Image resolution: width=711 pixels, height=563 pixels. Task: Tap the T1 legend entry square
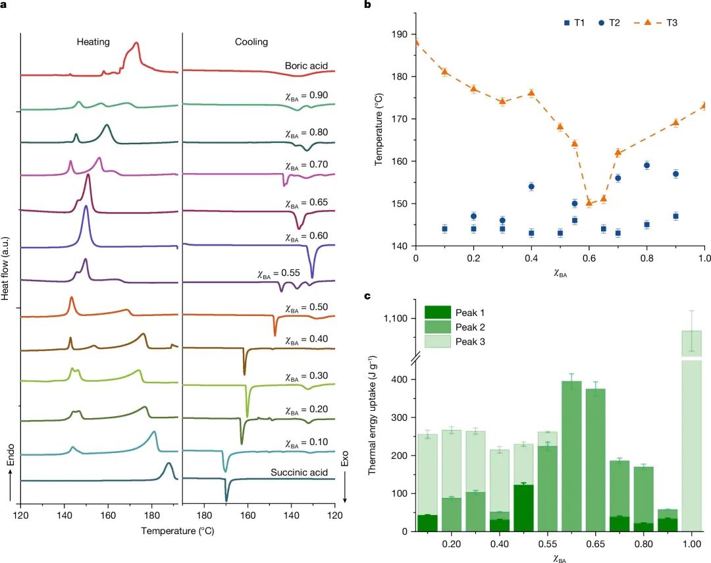(x=567, y=23)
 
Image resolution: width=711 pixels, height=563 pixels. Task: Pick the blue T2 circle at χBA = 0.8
(x=647, y=165)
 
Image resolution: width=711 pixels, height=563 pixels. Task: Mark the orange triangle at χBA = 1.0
(x=705, y=105)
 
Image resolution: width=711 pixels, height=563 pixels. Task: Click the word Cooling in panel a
(x=251, y=42)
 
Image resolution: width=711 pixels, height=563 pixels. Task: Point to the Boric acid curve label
(x=306, y=66)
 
